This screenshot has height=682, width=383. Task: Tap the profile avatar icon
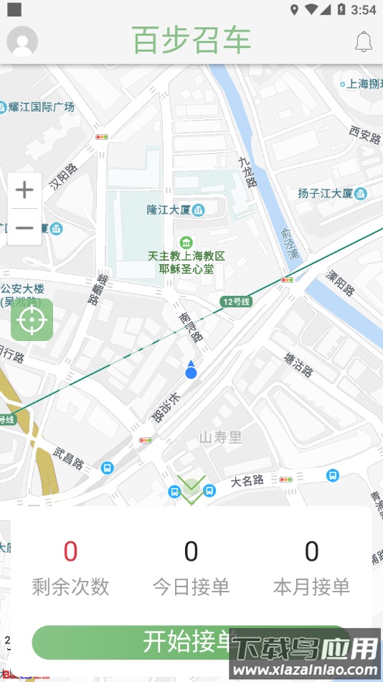click(22, 41)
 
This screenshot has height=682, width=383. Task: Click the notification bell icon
click(364, 42)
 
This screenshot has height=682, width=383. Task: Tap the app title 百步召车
click(191, 41)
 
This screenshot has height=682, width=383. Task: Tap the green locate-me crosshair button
click(32, 320)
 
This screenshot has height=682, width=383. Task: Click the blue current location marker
click(191, 370)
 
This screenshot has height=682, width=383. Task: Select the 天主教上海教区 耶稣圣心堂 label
click(186, 262)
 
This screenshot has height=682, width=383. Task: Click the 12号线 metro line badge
click(236, 302)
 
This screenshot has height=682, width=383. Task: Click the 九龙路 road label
click(248, 172)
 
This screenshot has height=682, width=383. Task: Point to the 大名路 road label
click(247, 480)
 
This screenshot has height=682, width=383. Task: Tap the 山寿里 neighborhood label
click(220, 437)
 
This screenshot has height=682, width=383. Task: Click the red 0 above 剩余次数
click(70, 551)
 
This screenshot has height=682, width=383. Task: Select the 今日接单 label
click(191, 587)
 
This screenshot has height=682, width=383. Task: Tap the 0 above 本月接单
click(311, 551)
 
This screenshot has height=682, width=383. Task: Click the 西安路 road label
click(364, 134)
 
